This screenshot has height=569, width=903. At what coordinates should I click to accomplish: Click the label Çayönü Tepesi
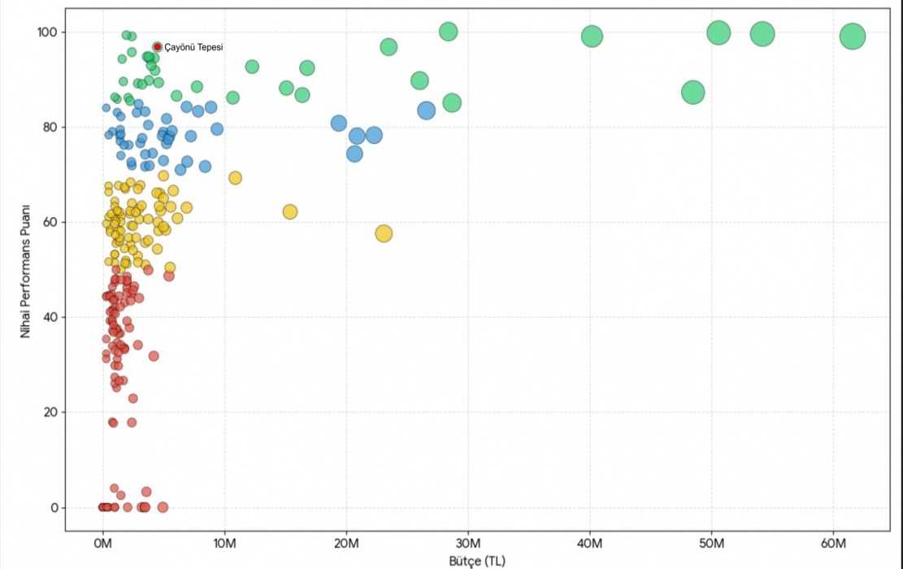tap(193, 47)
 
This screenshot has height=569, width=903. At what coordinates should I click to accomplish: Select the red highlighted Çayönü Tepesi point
tap(158, 46)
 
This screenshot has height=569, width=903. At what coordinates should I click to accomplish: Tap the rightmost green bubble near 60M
tap(852, 37)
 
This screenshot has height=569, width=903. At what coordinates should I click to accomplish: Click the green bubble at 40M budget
tap(592, 36)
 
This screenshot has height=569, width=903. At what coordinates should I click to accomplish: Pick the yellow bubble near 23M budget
tap(384, 233)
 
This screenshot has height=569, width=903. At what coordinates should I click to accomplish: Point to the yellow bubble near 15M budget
tap(290, 211)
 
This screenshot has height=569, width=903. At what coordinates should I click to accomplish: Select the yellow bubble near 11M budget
tap(236, 178)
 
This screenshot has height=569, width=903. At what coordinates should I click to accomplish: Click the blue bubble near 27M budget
tap(426, 111)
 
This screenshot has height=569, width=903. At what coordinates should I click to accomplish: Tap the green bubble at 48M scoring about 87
tap(692, 93)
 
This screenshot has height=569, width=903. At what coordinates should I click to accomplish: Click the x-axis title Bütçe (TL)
tap(478, 562)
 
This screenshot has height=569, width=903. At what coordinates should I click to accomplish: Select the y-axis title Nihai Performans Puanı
tap(25, 270)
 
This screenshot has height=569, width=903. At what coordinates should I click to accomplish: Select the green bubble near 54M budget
tap(762, 33)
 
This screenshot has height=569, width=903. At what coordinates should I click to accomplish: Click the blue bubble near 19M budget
tap(339, 123)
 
